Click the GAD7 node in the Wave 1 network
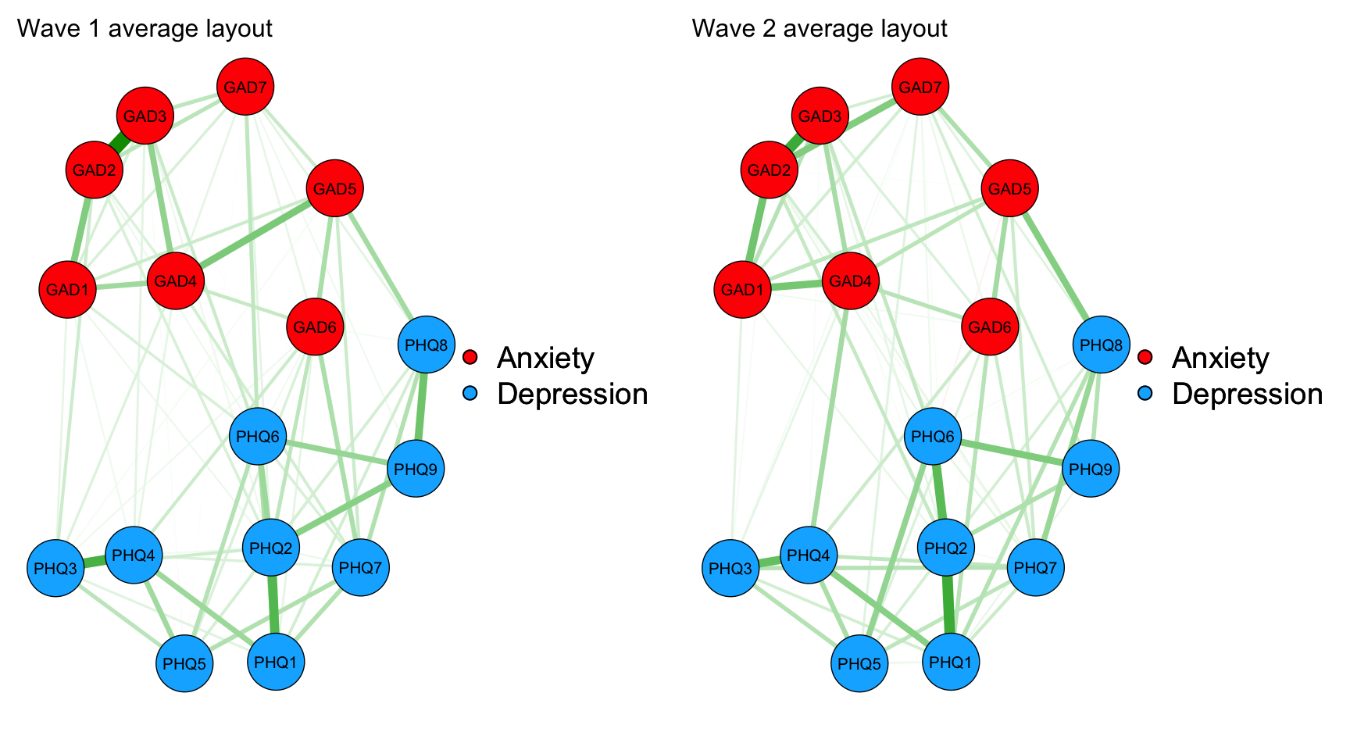click(x=245, y=87)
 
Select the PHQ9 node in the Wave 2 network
click(x=1091, y=469)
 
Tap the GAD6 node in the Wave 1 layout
click(x=315, y=327)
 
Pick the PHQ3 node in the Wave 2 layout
click(x=730, y=568)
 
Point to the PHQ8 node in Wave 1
click(x=426, y=345)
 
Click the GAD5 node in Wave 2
click(x=1010, y=188)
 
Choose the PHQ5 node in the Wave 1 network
click(x=185, y=663)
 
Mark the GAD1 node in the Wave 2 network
click(x=742, y=290)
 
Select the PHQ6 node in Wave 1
click(x=258, y=436)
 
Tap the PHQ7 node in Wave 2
click(x=1036, y=567)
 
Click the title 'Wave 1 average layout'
click(x=145, y=29)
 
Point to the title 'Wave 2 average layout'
click(x=820, y=29)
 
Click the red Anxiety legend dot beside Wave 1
click(x=470, y=357)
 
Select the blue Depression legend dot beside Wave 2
click(x=1145, y=394)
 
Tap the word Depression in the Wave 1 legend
click(x=572, y=394)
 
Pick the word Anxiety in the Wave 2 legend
click(x=1220, y=357)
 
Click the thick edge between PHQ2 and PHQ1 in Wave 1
click(x=273, y=605)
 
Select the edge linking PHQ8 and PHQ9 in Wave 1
click(x=422, y=406)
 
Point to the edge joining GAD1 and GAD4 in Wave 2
click(x=796, y=285)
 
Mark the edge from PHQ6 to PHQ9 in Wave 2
click(x=1012, y=452)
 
